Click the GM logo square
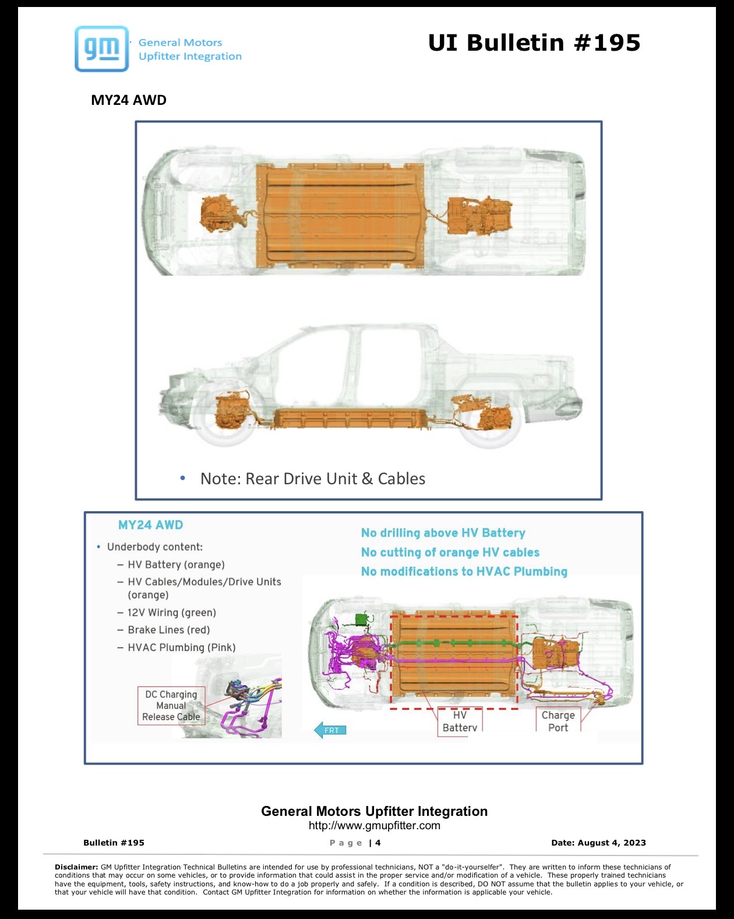click(101, 49)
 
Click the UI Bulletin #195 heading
click(534, 43)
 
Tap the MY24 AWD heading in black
click(129, 100)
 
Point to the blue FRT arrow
click(330, 730)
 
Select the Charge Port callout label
click(558, 721)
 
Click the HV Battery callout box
click(460, 721)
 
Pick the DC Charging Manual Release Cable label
click(171, 706)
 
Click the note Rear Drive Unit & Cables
click(313, 478)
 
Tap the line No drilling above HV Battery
click(443, 533)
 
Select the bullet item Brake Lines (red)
click(169, 629)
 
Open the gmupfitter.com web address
click(375, 825)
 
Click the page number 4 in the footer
click(378, 843)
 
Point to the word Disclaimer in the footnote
click(76, 867)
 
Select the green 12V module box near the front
click(362, 619)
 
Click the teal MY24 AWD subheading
click(150, 525)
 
